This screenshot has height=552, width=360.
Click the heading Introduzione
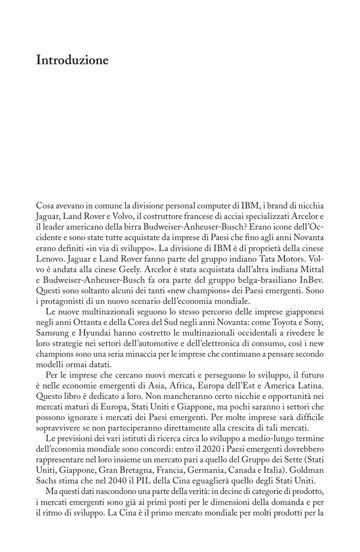click(72, 60)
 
